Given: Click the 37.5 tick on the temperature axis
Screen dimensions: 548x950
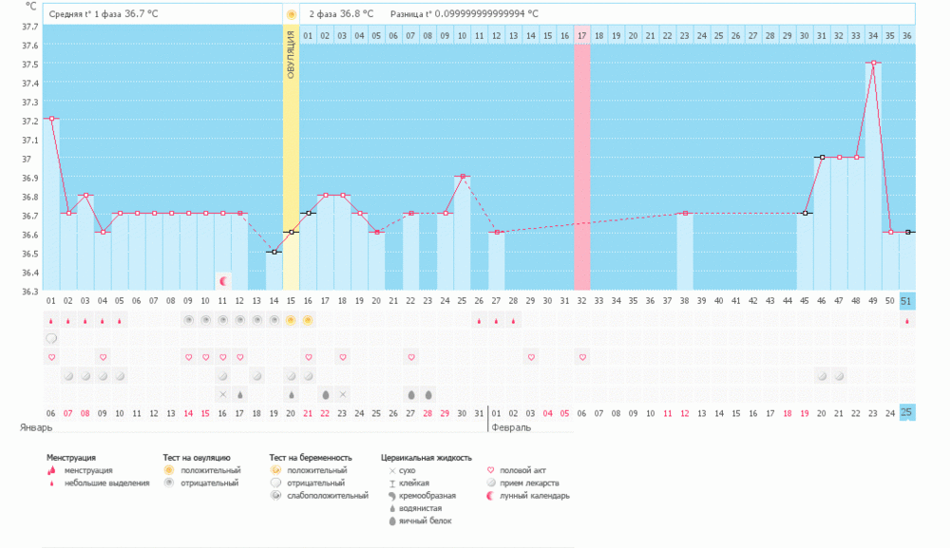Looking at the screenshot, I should [x=30, y=65].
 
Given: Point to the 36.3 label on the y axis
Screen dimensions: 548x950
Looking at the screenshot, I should [x=30, y=292].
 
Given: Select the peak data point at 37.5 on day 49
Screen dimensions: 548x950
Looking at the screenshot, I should [x=872, y=63].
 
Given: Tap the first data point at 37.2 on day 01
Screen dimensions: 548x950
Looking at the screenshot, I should [x=51, y=119].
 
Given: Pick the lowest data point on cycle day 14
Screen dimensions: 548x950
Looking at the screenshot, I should [x=275, y=252].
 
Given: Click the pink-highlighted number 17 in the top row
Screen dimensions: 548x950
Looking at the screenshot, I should [x=581, y=35].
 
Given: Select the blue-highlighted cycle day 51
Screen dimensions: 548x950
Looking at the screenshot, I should [x=906, y=301].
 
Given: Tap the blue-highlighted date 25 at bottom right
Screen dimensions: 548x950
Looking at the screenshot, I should [x=906, y=412].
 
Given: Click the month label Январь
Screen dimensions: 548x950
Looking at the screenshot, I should [x=36, y=428].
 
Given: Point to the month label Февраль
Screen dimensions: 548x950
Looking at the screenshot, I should [x=511, y=428].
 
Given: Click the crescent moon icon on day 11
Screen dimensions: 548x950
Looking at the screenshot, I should [x=223, y=280].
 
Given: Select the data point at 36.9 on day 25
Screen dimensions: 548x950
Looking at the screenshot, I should [x=463, y=176].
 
